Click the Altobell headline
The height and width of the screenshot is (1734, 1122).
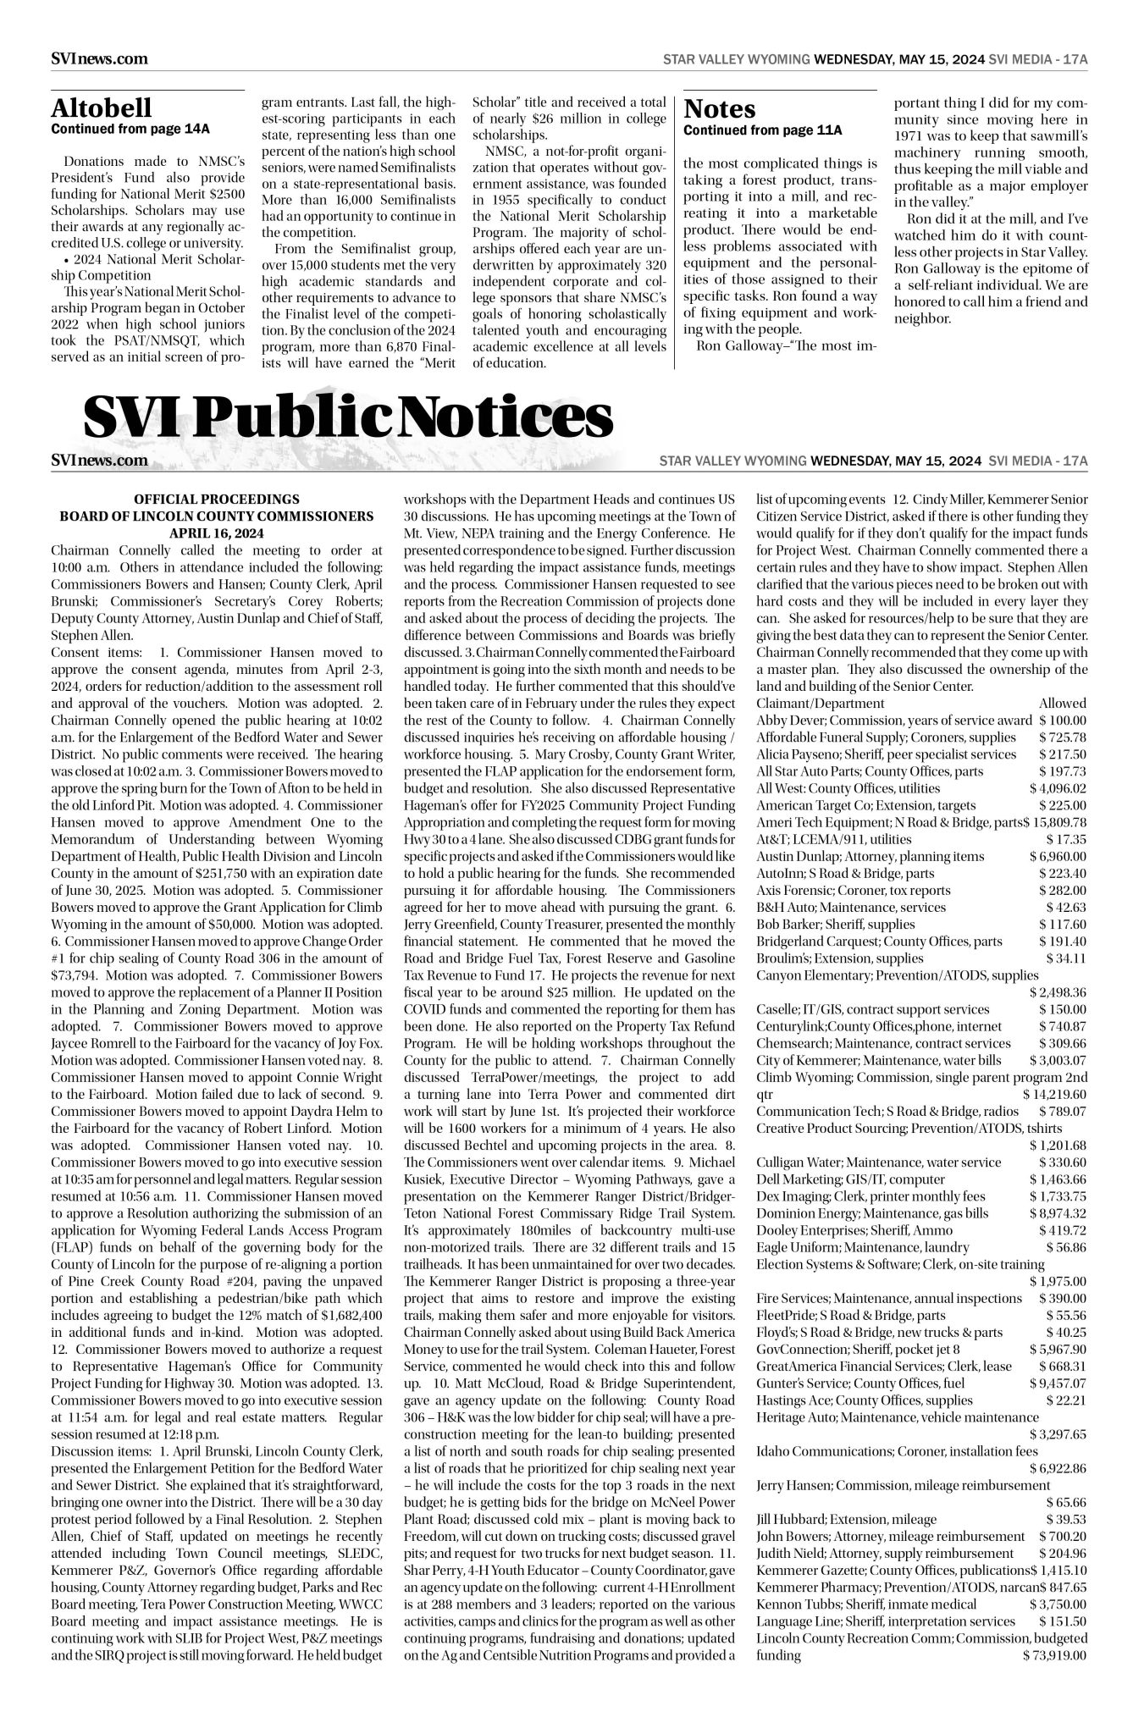(102, 108)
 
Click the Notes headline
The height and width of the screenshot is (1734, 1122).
(719, 109)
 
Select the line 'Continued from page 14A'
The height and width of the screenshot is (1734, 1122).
(130, 130)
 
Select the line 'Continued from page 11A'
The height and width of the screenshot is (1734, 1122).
(762, 130)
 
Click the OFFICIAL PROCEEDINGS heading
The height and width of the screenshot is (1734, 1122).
(216, 500)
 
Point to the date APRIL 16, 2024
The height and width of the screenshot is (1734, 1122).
(216, 533)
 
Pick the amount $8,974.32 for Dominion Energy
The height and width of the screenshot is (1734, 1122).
(1058, 1212)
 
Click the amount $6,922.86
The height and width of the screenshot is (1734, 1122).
(1058, 1467)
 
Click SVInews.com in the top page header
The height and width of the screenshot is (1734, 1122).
(99, 59)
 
